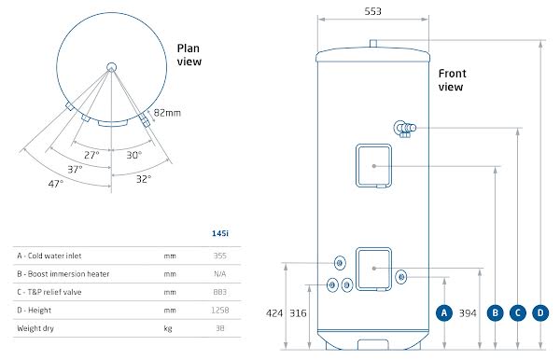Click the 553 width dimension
point(373,11)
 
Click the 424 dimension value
point(273,313)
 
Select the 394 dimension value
point(469,313)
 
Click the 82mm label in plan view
point(167,112)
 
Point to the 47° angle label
point(56,184)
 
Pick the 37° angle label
point(75,169)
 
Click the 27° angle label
point(91,155)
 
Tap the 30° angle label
point(133,155)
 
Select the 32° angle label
point(143,177)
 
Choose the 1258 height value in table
point(220,310)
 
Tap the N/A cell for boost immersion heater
point(221,273)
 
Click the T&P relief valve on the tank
point(405,129)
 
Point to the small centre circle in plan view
point(111,66)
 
